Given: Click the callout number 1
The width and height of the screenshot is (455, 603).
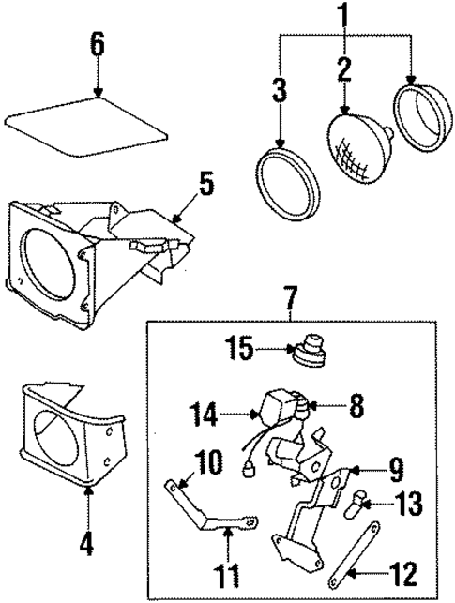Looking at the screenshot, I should point(344,15).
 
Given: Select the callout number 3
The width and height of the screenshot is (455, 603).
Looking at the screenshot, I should point(280,92).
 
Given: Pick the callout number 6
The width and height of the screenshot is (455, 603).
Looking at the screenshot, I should point(98,45).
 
